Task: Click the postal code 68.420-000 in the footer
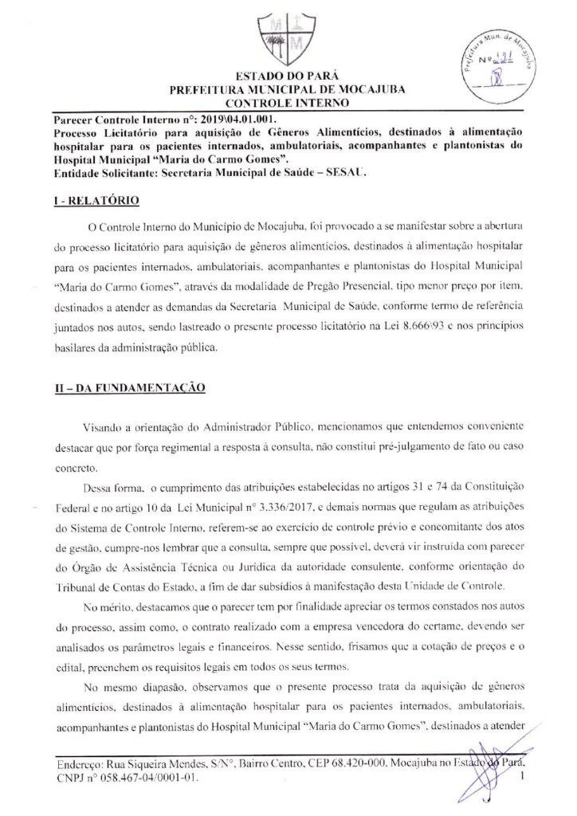(x=348, y=763)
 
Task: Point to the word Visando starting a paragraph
(x=104, y=431)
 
